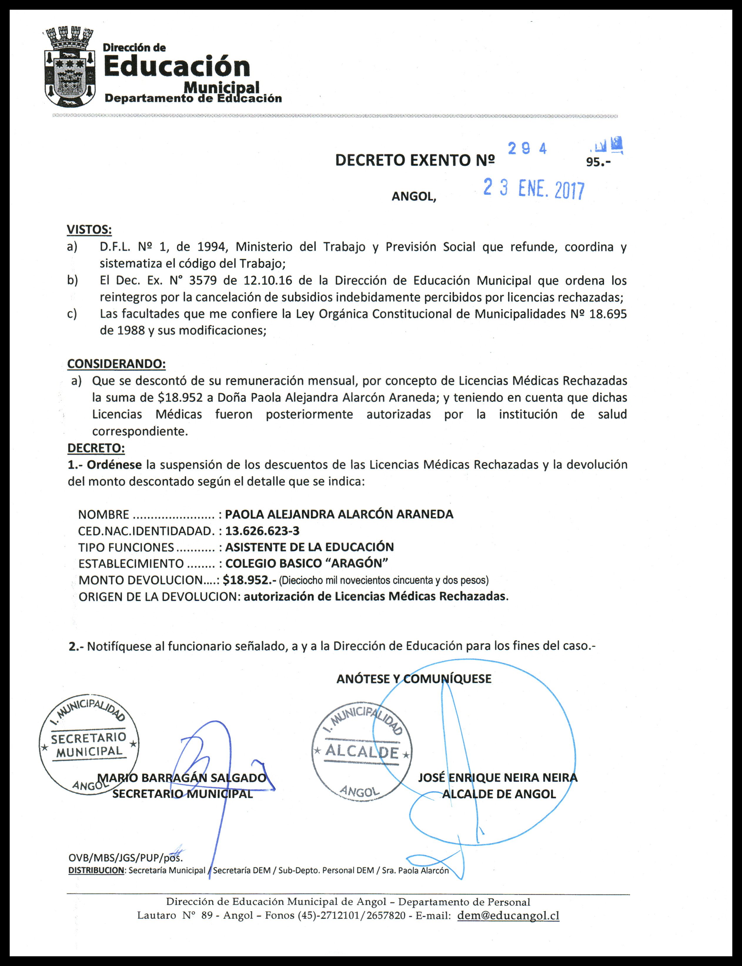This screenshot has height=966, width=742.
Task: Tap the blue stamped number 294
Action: [527, 149]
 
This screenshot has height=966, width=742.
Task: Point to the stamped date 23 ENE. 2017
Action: [534, 190]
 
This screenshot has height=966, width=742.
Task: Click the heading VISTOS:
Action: [89, 230]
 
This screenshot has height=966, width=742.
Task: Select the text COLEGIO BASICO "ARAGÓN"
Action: [307, 564]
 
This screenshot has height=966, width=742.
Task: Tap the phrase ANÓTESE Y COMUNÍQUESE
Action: [414, 679]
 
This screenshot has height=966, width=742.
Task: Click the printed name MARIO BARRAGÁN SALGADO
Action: [182, 778]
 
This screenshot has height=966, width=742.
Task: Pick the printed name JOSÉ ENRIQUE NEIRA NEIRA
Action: [498, 778]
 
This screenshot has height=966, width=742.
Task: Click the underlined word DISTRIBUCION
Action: [97, 871]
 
